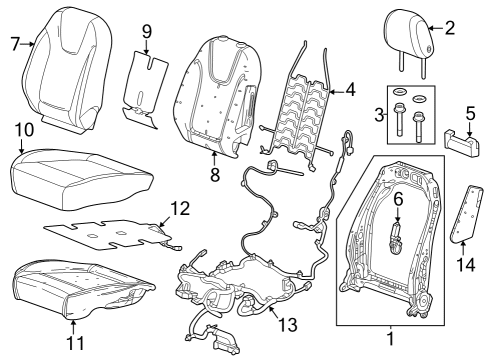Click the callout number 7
[15, 43]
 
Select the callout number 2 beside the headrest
[449, 28]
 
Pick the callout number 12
[179, 208]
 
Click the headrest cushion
[411, 36]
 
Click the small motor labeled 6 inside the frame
[398, 239]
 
